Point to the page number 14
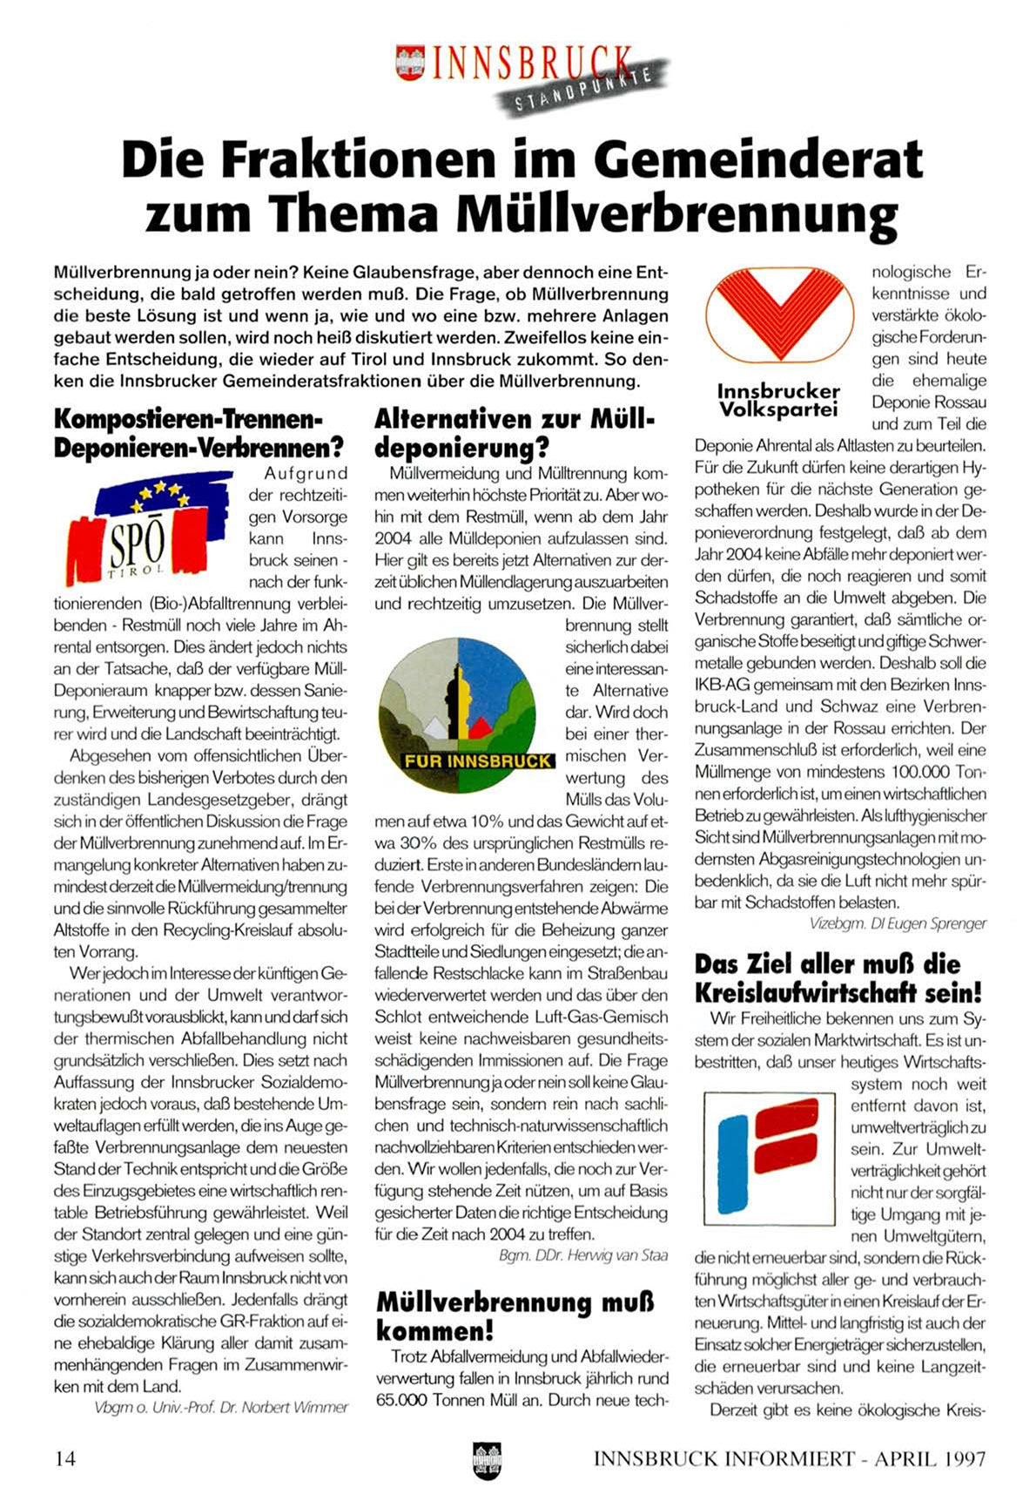[x=65, y=1457]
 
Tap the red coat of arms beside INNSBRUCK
[x=409, y=64]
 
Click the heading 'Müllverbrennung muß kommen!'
[x=515, y=1316]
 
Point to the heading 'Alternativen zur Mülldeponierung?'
[x=514, y=433]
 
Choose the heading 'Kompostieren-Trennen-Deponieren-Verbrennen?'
[x=199, y=433]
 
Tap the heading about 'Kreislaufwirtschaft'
[x=838, y=977]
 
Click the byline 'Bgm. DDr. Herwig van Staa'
[x=583, y=1255]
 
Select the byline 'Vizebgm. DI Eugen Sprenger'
[x=898, y=923]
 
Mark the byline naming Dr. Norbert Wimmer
[x=221, y=1407]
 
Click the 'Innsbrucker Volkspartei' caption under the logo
[x=778, y=400]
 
